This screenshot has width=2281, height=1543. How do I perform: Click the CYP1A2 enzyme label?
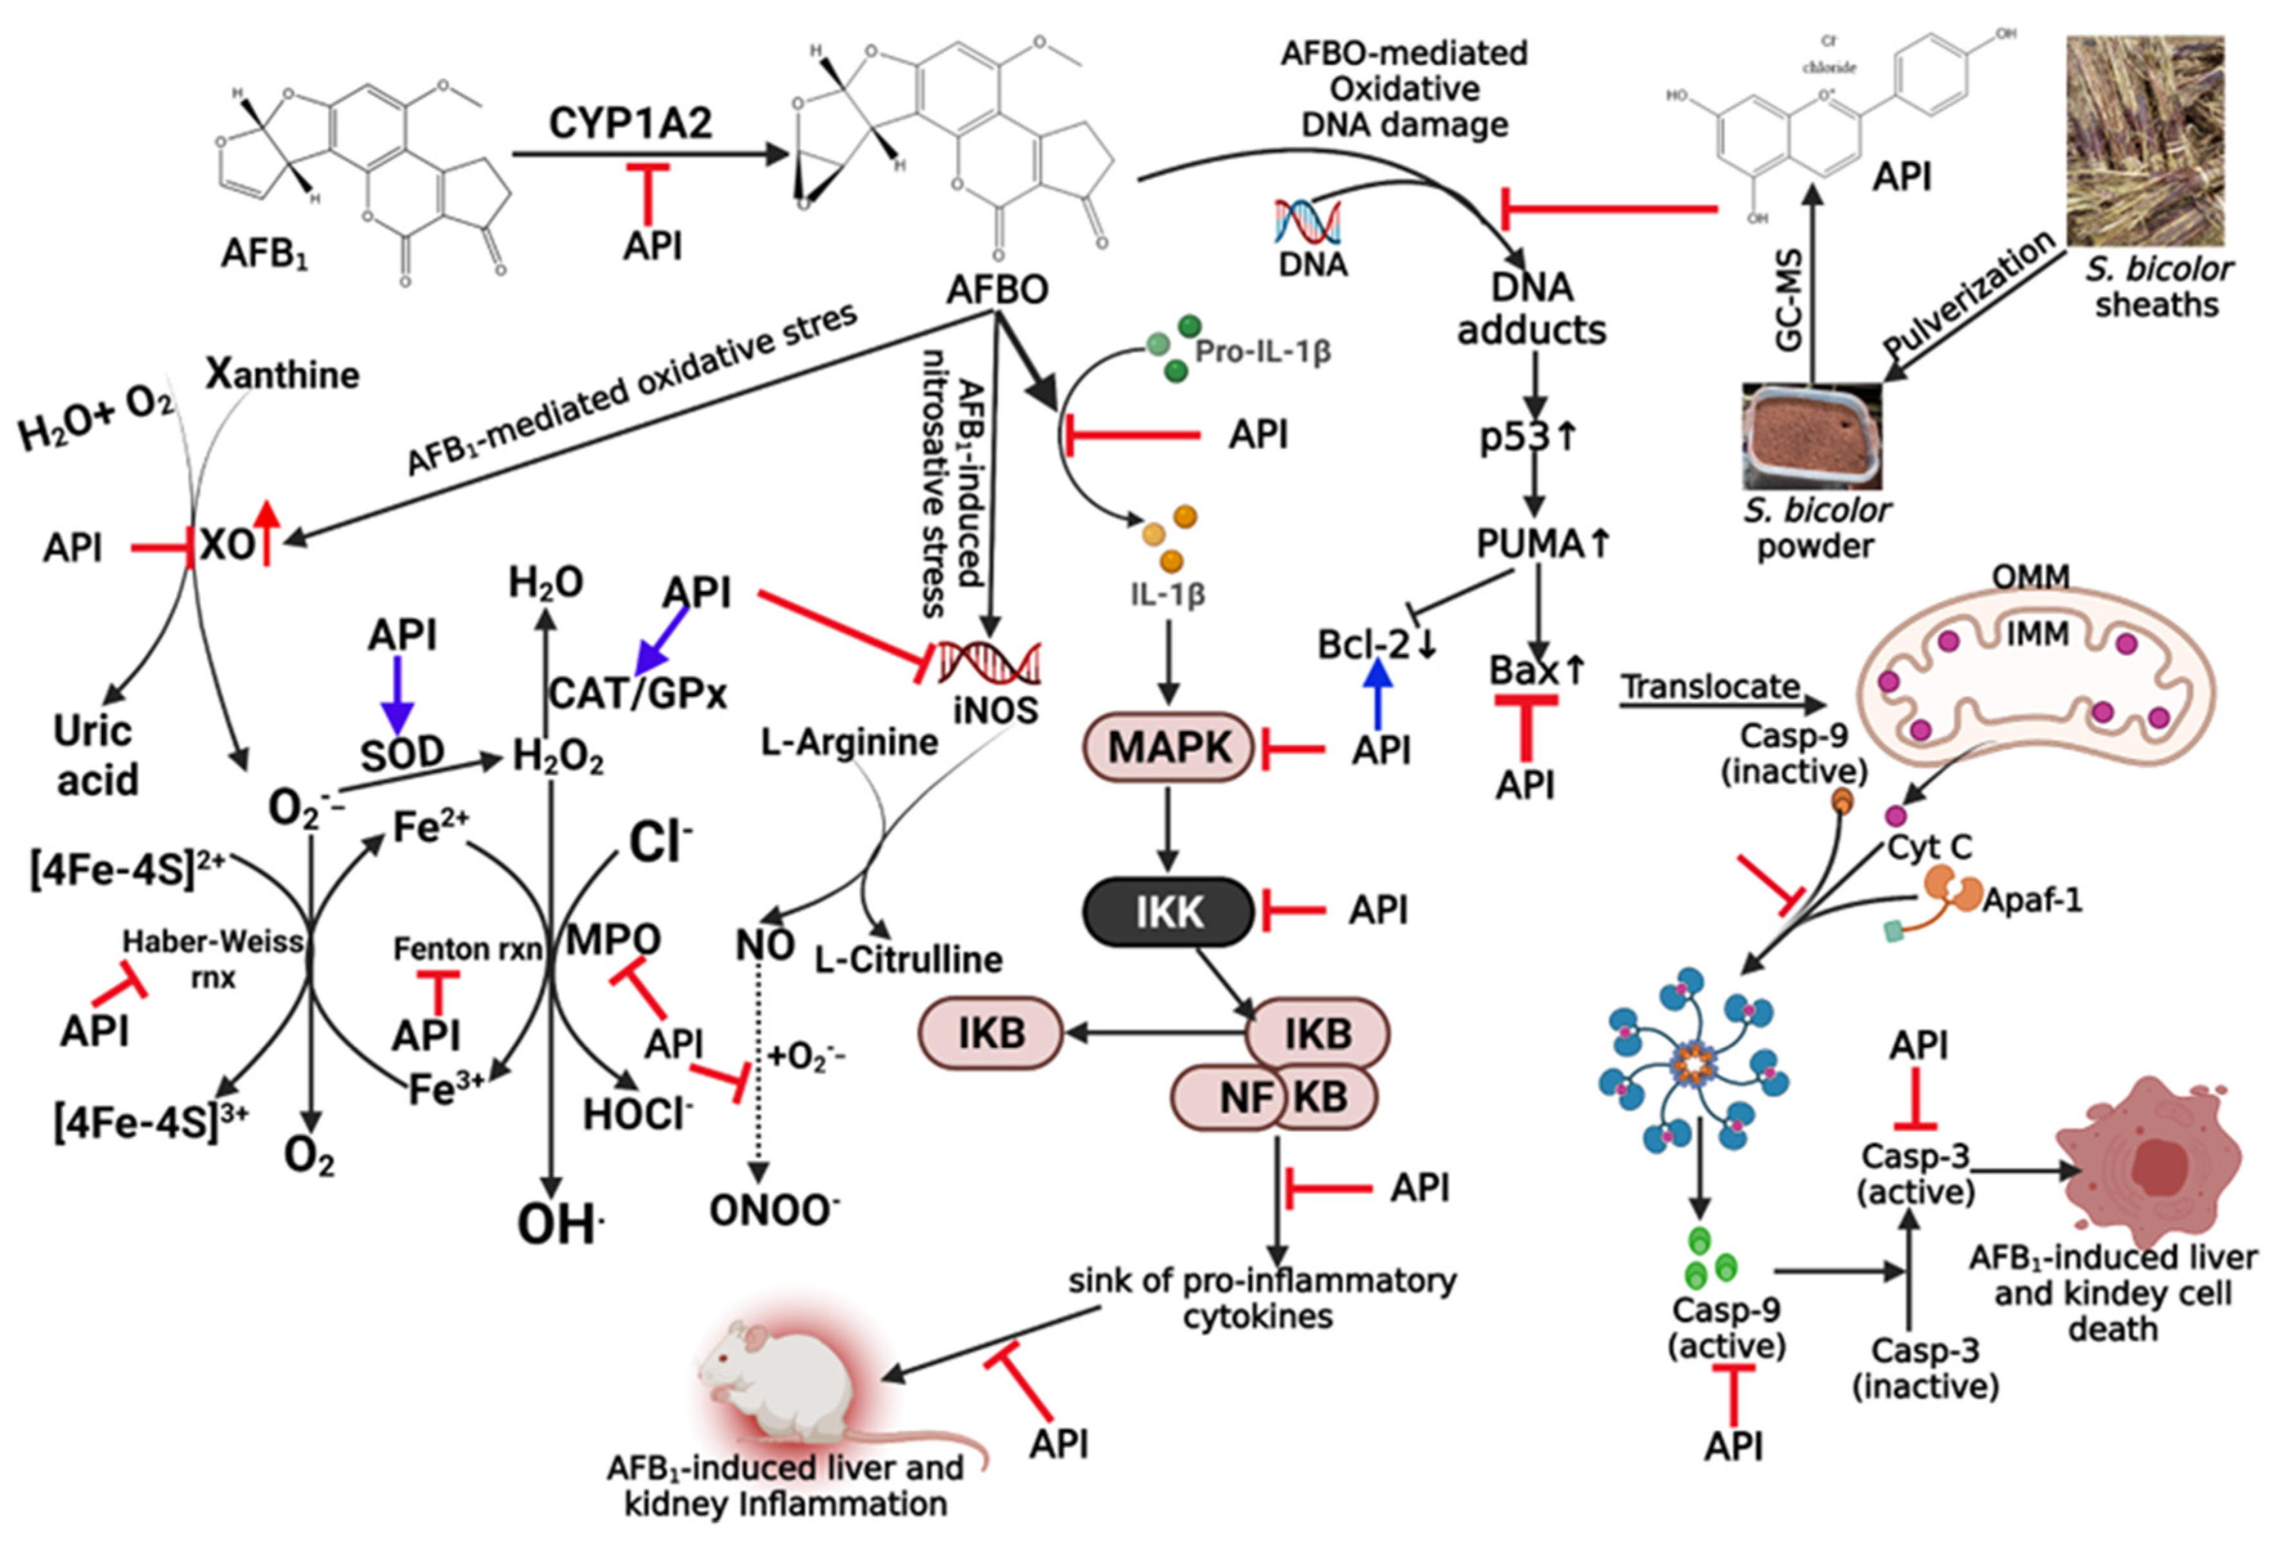630,123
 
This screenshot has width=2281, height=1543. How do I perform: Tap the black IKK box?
1168,912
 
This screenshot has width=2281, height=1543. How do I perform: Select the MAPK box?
1168,748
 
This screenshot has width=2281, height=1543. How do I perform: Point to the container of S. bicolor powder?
1812,437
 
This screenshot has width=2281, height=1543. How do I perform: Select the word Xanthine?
283,374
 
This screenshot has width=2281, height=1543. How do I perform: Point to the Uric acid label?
95,755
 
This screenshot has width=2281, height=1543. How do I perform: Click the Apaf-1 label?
2031,899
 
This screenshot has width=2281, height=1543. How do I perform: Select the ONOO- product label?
774,1211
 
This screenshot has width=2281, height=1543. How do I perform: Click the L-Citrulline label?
908,959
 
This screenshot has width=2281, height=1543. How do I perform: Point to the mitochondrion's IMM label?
2037,634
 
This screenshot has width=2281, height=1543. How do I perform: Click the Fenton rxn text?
466,949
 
